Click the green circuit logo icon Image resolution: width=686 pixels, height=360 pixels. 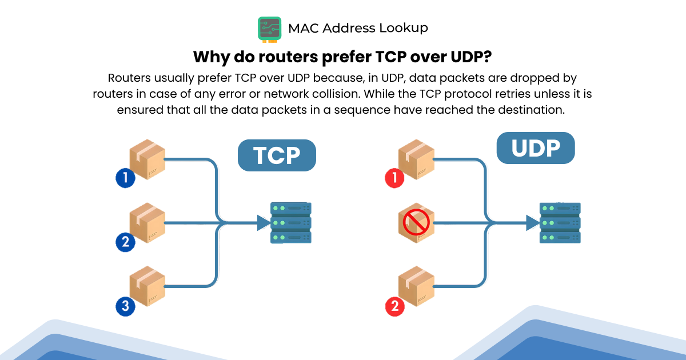point(269,29)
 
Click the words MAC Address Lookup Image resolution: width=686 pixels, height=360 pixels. point(358,27)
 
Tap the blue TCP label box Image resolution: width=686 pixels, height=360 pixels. point(277,155)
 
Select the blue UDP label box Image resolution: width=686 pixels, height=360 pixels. point(535,148)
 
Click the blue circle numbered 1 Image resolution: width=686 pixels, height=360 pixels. point(125,178)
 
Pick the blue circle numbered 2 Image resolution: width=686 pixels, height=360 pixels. point(125,242)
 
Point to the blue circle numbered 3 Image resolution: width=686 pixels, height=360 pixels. point(125,306)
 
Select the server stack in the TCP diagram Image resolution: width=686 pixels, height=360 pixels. point(291,222)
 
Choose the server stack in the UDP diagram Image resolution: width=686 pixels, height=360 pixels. point(560,222)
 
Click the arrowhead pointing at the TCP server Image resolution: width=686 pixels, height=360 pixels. point(263,223)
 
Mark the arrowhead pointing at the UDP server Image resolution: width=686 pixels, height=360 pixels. point(532,223)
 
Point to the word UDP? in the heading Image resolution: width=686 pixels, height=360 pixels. point(470,57)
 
